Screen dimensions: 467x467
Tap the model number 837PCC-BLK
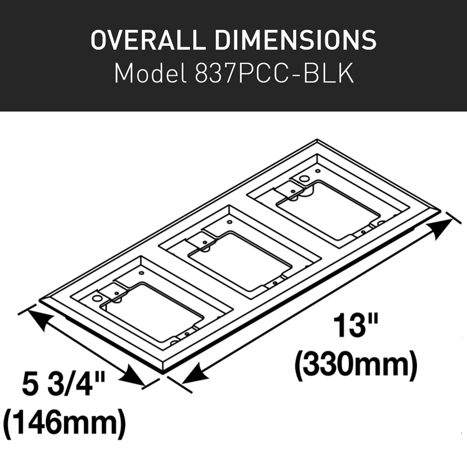coord(274,74)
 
